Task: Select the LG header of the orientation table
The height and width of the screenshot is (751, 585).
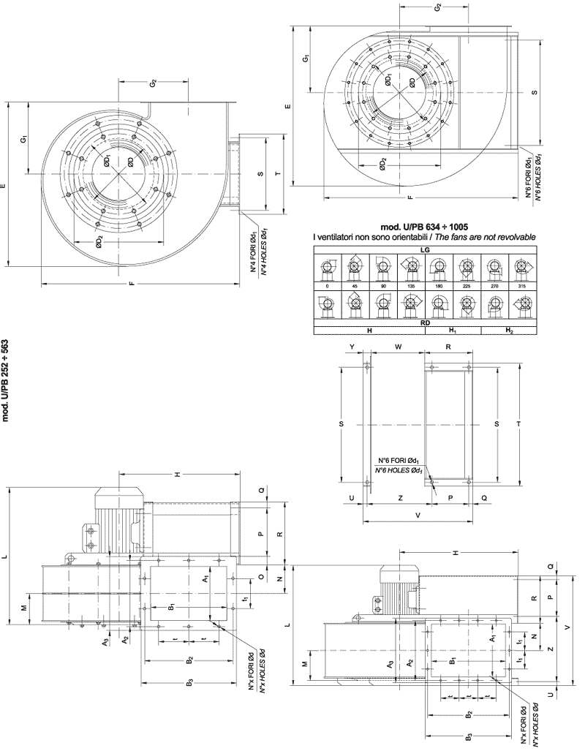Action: (x=425, y=249)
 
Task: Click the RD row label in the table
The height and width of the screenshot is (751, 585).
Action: (x=425, y=320)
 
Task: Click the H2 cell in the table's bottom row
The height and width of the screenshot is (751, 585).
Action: (x=509, y=331)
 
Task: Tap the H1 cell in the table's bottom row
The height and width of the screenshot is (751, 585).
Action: (x=453, y=331)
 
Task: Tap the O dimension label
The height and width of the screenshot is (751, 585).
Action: (x=261, y=577)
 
